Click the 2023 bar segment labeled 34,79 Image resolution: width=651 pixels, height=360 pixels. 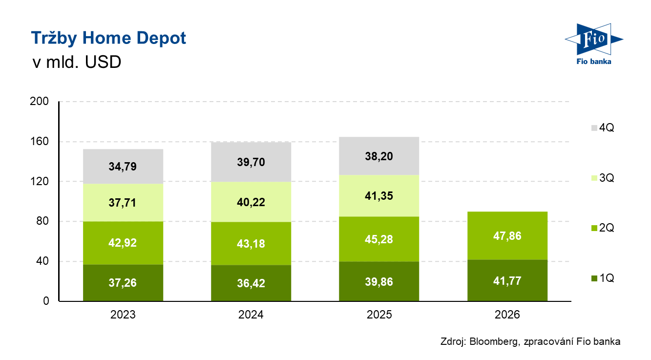[x=123, y=167]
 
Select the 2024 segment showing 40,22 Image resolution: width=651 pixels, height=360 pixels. [x=251, y=202]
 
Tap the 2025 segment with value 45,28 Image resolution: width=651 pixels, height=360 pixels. [x=379, y=239]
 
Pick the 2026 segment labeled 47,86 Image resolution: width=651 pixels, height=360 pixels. [x=507, y=236]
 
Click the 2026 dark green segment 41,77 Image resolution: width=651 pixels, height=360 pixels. [x=507, y=280]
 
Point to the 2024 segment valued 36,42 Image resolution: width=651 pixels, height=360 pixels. [x=251, y=283]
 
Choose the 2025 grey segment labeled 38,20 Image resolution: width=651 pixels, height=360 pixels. [x=379, y=156]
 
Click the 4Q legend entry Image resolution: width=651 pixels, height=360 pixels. [x=603, y=127]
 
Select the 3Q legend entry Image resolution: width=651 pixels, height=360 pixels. [x=603, y=178]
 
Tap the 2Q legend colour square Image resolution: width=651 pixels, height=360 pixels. [x=594, y=228]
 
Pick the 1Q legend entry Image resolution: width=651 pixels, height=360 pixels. [x=603, y=278]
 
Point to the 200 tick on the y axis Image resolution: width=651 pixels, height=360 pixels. [x=39, y=101]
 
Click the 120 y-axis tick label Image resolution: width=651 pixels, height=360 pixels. [x=39, y=181]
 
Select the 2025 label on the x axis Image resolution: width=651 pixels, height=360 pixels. [x=379, y=315]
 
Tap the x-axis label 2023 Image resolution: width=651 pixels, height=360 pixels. [x=123, y=315]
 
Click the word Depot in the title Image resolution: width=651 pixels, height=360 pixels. [x=161, y=39]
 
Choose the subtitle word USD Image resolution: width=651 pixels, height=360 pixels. [x=103, y=62]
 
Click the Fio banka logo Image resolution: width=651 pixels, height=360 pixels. [x=594, y=44]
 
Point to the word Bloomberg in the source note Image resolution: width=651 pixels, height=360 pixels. [x=493, y=341]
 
